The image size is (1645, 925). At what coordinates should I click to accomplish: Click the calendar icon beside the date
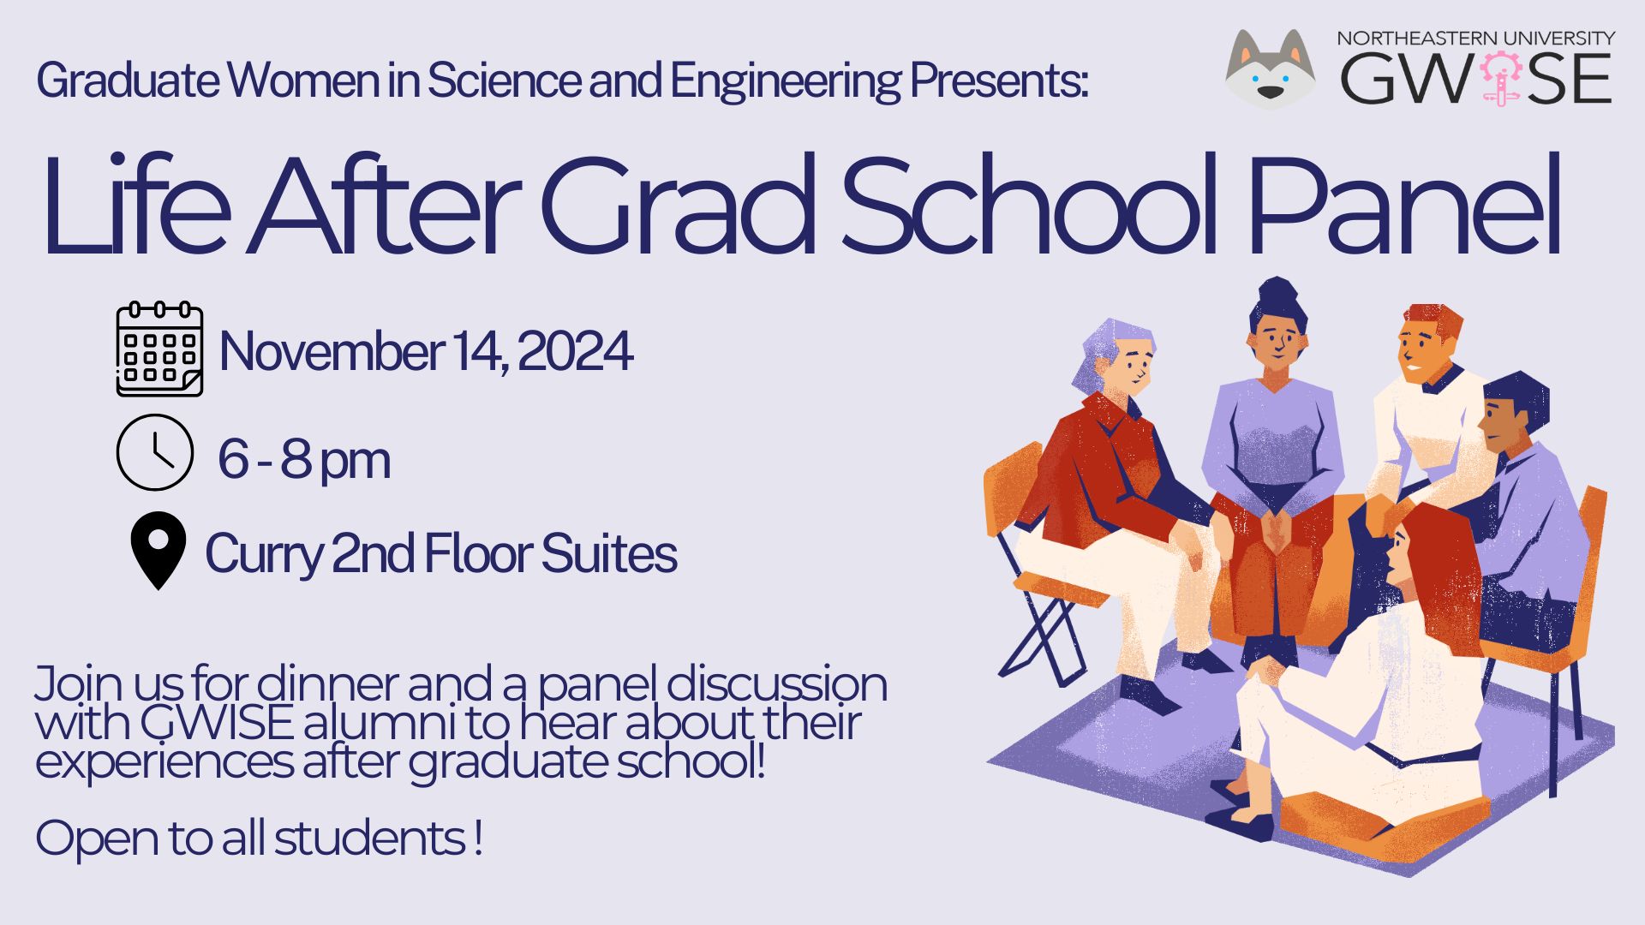click(159, 349)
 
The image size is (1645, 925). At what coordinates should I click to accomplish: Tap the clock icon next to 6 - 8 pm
click(154, 452)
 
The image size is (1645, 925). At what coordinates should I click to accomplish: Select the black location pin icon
click(158, 549)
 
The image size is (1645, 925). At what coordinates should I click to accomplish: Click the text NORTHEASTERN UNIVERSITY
click(1475, 39)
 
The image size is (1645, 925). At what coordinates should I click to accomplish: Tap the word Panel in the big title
click(1405, 207)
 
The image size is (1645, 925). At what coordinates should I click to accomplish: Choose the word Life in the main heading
click(137, 207)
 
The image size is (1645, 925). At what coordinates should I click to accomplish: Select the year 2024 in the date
click(575, 351)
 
